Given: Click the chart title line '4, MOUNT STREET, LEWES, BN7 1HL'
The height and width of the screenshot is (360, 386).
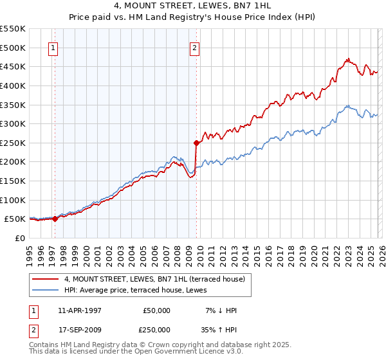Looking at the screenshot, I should point(193,6).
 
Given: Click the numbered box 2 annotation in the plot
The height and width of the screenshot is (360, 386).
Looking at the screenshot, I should point(194,47).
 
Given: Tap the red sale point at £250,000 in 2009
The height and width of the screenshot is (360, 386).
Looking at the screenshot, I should point(196,143).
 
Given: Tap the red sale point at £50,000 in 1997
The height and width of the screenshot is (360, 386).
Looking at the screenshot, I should point(55,219).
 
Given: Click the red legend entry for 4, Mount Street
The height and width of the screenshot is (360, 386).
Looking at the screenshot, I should point(154,280).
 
